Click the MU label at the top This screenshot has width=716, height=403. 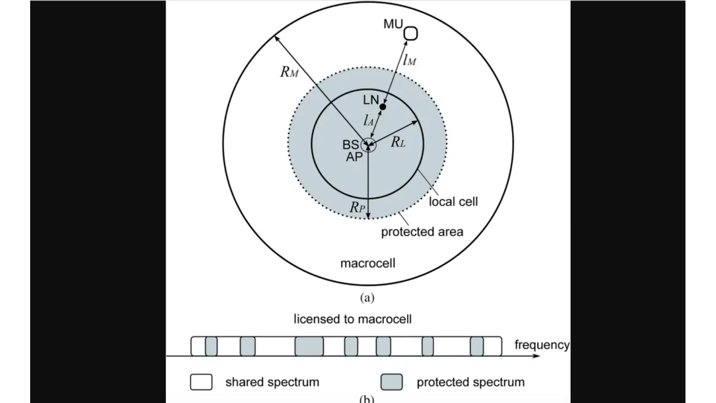point(393,24)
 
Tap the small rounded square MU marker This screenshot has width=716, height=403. point(411,34)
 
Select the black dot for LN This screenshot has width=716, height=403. point(383,106)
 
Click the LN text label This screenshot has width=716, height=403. point(371,101)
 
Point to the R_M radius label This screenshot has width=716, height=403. point(289,72)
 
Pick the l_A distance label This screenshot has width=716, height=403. point(368,119)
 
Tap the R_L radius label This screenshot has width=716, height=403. point(398,142)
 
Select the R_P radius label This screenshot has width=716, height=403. point(357,207)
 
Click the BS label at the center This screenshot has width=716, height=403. point(351,145)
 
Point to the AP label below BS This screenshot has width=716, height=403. point(354,157)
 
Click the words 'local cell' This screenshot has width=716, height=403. point(453,201)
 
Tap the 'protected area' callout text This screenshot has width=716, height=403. point(422,232)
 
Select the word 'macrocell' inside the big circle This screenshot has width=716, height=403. point(368,263)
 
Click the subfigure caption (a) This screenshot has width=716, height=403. point(367,298)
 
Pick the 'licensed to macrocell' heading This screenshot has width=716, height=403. point(352,319)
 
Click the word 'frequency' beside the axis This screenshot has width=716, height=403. point(541,345)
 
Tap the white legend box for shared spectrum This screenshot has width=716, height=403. point(201,382)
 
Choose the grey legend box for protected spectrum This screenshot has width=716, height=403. point(392,382)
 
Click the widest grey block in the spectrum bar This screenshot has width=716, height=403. point(309,346)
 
